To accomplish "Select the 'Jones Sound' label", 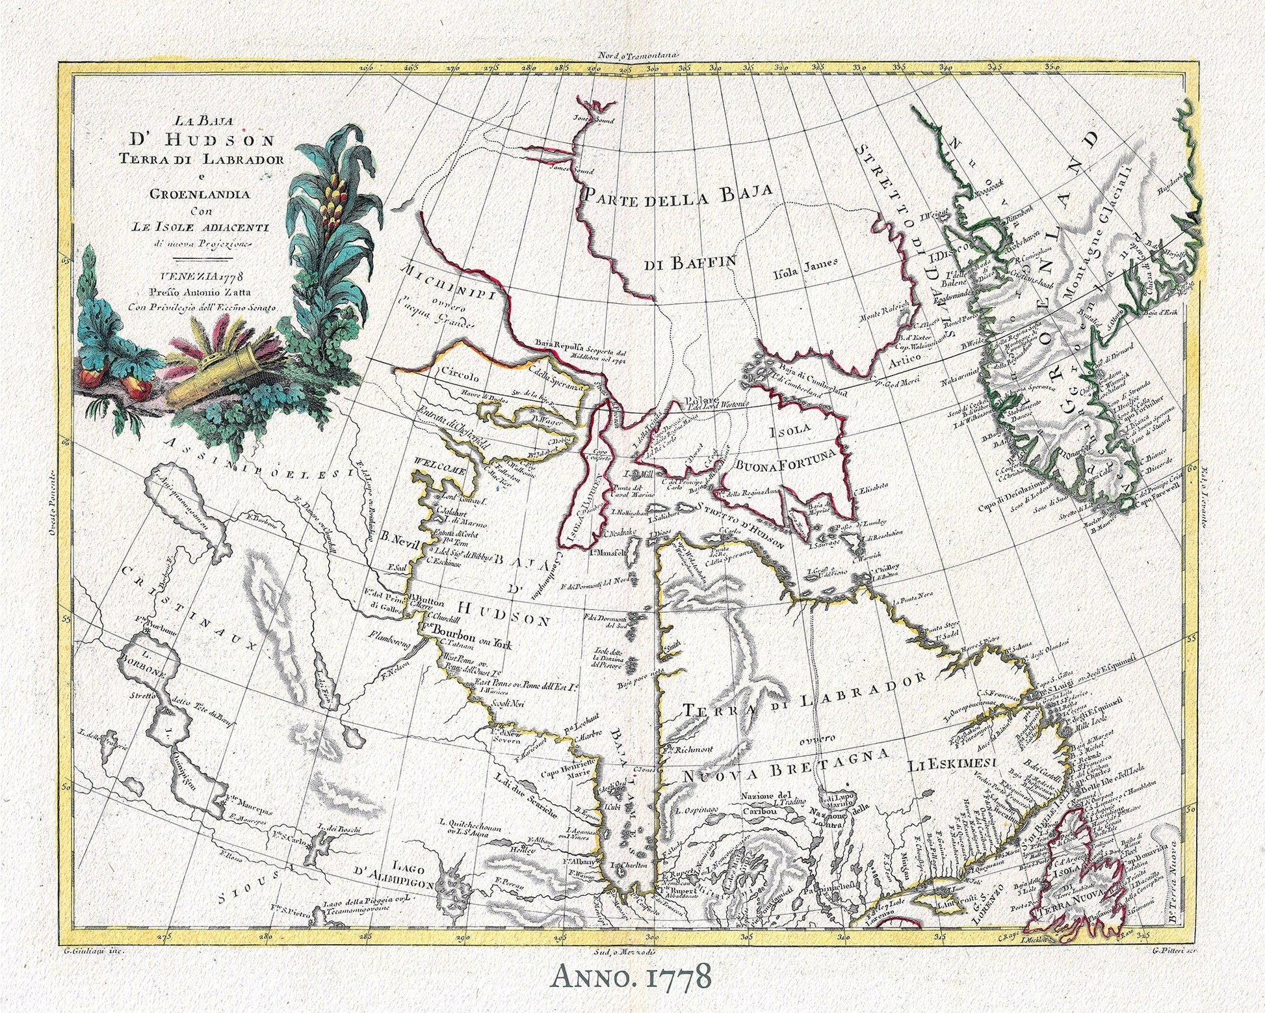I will point(593,119).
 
